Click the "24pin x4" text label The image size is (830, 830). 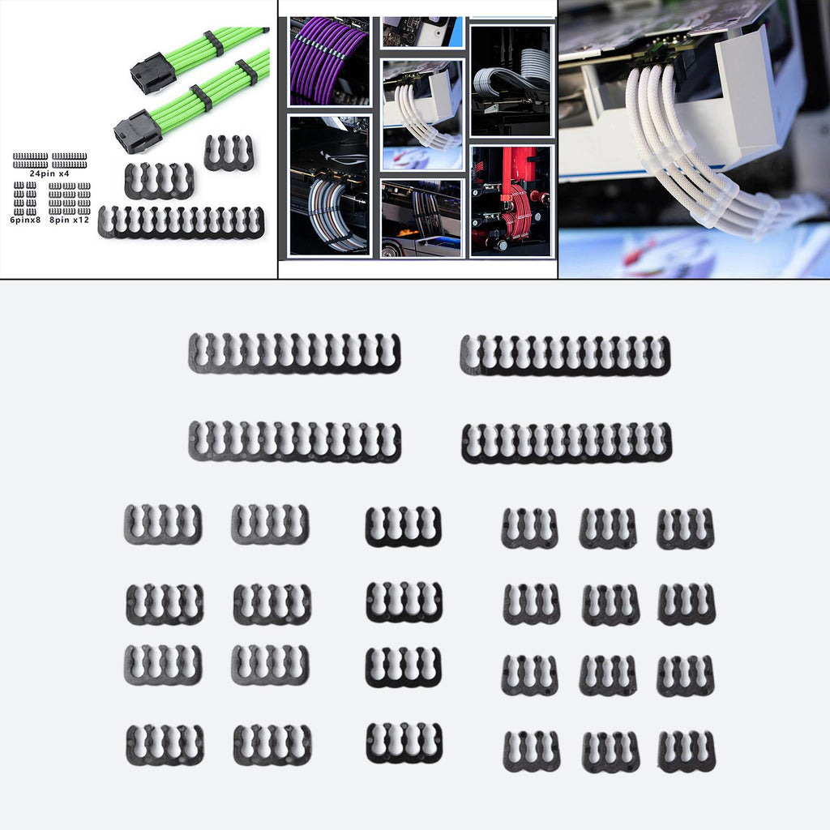click(x=49, y=173)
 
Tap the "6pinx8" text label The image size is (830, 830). click(x=25, y=220)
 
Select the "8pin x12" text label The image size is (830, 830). click(x=70, y=220)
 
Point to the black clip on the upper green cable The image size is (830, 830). click(x=213, y=44)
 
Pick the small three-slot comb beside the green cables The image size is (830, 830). click(x=229, y=152)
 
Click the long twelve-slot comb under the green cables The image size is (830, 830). click(x=181, y=222)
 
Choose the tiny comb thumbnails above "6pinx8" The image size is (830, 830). click(x=25, y=199)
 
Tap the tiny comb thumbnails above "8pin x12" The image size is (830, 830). click(x=70, y=199)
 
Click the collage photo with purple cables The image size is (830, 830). click(x=329, y=61)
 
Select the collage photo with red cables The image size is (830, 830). click(x=512, y=201)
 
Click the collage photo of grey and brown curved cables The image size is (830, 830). click(x=330, y=186)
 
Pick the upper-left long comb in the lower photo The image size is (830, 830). click(x=294, y=353)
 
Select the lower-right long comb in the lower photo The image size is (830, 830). click(x=567, y=443)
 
